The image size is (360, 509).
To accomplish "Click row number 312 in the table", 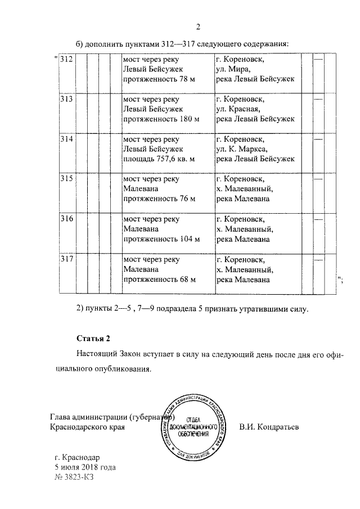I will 66,59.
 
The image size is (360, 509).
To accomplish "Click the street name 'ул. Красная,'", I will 241,109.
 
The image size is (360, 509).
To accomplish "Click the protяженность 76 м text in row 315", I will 159,199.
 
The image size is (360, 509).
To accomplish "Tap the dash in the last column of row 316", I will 318,219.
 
